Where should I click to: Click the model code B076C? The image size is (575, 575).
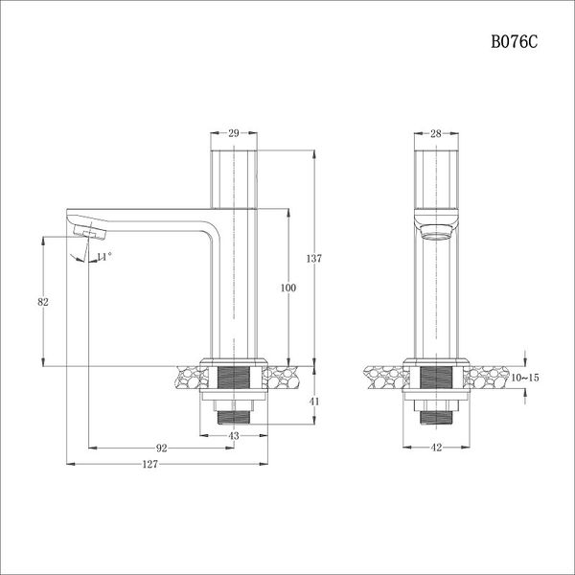(x=516, y=42)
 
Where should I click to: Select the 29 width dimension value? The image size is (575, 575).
(x=235, y=135)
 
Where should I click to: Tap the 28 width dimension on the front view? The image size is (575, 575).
(x=435, y=135)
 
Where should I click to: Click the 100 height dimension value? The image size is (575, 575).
(x=288, y=287)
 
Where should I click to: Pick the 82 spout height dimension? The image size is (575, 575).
(x=42, y=302)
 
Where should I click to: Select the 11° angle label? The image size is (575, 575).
(x=104, y=256)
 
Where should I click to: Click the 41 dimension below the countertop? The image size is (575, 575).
(x=314, y=402)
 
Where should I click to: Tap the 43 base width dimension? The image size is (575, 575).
(x=235, y=436)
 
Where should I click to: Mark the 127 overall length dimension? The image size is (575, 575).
(x=149, y=464)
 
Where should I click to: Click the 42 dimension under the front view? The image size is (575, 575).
(x=435, y=448)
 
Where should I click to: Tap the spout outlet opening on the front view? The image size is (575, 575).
(x=436, y=232)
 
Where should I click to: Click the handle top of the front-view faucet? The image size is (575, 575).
(x=436, y=177)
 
